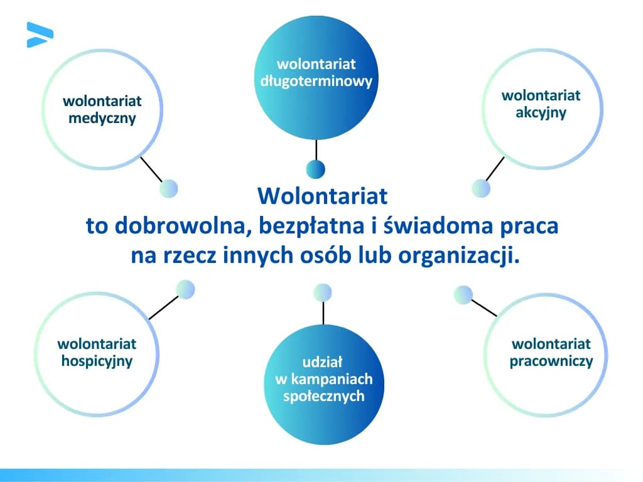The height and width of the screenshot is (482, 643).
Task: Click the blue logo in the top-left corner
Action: point(39,35)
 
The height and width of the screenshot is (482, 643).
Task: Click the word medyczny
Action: point(102,119)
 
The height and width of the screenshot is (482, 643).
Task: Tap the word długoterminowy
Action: point(316,81)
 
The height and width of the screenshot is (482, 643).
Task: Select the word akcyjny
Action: point(541,113)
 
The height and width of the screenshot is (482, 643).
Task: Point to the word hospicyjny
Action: point(97,361)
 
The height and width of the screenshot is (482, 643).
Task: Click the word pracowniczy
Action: point(551,361)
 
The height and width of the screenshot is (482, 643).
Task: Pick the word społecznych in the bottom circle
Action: point(323,397)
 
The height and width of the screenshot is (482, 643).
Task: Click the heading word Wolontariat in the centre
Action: point(323,196)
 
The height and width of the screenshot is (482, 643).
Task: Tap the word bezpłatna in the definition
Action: point(304,226)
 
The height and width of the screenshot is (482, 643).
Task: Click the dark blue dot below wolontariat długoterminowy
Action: point(315,169)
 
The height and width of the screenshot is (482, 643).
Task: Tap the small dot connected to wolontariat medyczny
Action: point(168,188)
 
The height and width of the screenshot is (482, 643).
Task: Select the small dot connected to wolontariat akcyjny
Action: point(480,188)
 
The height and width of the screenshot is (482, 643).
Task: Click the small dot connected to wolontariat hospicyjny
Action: point(185,289)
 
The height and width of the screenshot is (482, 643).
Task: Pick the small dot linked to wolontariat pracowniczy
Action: point(463,295)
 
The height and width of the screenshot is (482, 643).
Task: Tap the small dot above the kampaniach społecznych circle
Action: point(322,292)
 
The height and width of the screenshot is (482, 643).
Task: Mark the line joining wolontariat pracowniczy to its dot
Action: point(484,308)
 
